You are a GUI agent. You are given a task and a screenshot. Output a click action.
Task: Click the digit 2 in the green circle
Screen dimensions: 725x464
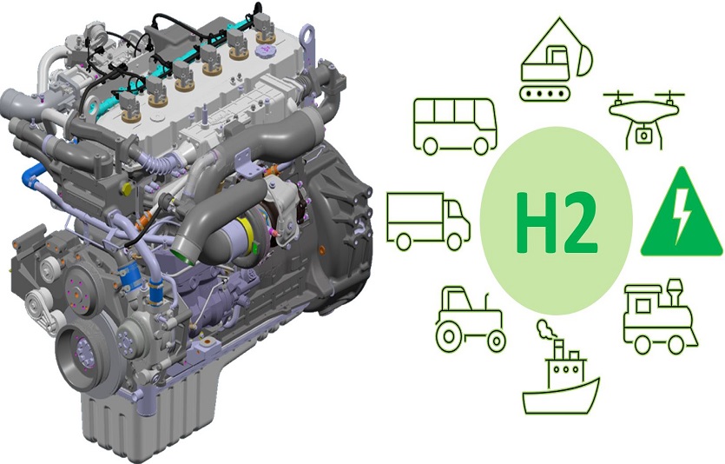(x=577, y=222)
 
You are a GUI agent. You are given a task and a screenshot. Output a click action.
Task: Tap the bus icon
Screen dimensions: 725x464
(x=455, y=125)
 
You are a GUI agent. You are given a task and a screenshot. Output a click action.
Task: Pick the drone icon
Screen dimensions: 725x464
(x=643, y=119)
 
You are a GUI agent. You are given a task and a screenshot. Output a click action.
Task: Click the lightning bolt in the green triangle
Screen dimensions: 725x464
(x=681, y=218)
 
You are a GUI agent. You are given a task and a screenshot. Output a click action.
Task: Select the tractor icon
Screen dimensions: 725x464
(x=471, y=319)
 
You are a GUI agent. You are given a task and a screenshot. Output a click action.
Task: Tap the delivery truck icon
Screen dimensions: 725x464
(x=428, y=221)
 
